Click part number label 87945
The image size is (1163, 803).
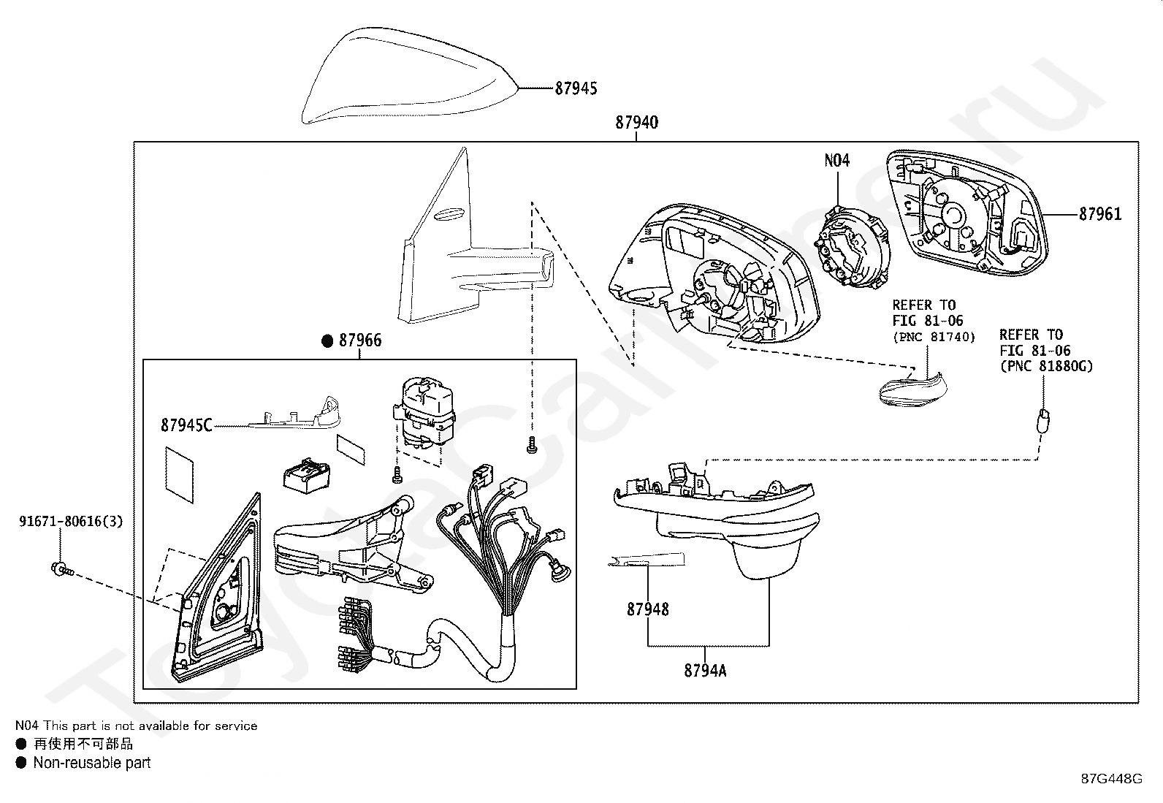(576, 88)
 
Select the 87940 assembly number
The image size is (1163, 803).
(636, 123)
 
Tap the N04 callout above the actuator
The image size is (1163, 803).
(837, 161)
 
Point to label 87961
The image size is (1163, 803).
(1100, 213)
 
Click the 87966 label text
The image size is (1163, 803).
(360, 340)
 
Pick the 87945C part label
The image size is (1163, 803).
(186, 425)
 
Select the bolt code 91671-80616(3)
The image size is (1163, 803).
(71, 521)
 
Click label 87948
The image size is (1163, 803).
(647, 609)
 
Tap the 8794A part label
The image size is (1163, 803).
(705, 671)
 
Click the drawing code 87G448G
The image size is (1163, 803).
(1111, 778)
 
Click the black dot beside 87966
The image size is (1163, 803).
(327, 340)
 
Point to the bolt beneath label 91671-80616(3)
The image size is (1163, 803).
(63, 570)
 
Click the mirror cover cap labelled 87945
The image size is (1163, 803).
(410, 76)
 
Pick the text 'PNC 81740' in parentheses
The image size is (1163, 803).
(934, 337)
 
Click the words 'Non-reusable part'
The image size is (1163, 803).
(92, 763)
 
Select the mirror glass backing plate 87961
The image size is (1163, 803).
(966, 213)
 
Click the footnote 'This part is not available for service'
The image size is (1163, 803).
(150, 726)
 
